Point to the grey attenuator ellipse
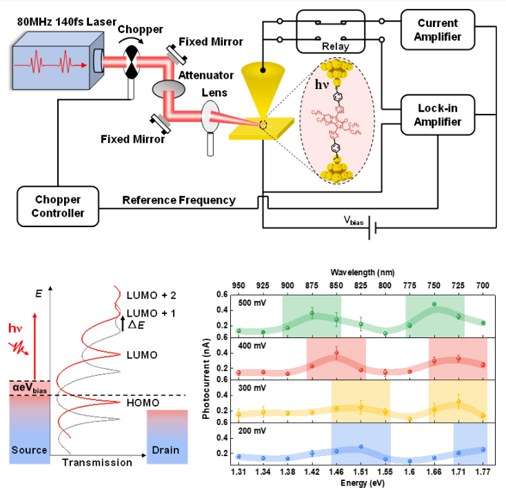(168, 88)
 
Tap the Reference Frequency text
(179, 200)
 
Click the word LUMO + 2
(151, 295)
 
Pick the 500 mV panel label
(249, 302)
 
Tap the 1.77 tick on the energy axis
(483, 471)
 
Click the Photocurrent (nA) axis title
(205, 377)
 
